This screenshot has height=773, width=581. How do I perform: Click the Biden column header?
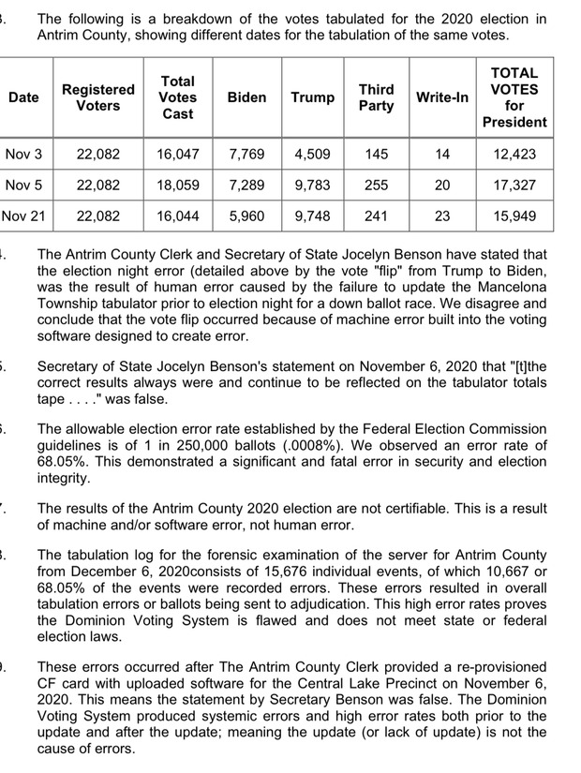246,97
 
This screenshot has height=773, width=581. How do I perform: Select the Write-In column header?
442,97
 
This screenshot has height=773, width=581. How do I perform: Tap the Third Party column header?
377,97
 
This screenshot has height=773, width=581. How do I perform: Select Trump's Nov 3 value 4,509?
312,154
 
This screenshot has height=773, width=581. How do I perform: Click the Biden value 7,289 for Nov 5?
246,185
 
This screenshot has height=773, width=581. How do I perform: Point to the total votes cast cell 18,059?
177,185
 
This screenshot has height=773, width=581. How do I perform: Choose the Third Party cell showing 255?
377,185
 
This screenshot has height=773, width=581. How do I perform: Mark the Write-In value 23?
442,216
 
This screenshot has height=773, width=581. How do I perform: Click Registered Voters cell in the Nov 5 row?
97,185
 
